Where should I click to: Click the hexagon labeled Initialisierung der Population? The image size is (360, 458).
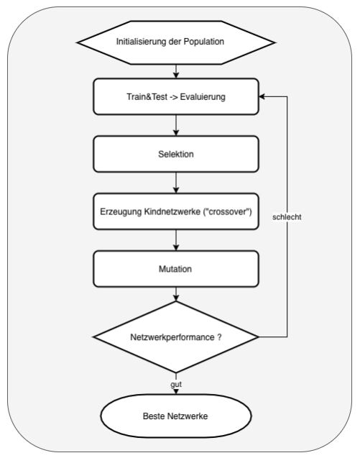coord(176,41)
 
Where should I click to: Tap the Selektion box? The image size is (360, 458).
coord(176,155)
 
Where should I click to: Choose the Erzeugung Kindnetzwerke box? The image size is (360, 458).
coord(176,212)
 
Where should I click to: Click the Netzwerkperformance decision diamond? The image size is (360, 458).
coord(176,336)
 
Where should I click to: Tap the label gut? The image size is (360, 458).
coord(176,384)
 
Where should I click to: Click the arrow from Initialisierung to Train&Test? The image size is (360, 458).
coord(176,70)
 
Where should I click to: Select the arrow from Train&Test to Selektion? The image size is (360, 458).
coord(176,126)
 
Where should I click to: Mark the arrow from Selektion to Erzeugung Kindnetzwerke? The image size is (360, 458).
coord(176,183)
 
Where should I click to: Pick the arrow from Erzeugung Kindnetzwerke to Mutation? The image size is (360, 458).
coord(176,241)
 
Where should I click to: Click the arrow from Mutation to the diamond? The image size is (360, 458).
coord(176,295)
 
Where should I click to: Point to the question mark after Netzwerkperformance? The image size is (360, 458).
coord(218,336)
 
